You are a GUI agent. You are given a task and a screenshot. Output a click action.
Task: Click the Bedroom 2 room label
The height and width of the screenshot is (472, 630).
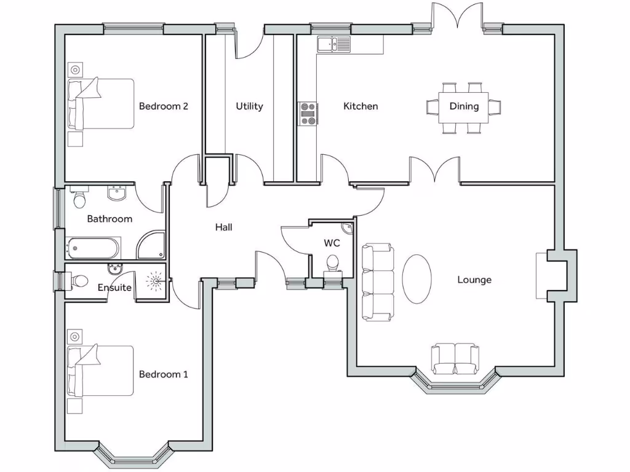[x=163, y=106]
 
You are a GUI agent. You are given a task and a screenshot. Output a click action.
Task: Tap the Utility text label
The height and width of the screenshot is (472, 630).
[x=249, y=106]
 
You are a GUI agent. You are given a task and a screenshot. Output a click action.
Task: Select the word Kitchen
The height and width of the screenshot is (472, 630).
[x=361, y=106]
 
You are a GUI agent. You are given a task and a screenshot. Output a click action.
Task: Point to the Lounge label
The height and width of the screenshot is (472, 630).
[x=474, y=280]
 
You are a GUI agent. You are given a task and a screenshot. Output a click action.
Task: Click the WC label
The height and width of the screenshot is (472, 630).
[x=332, y=243]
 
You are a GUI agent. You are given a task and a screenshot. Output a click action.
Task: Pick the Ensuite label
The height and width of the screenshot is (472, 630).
[x=114, y=287]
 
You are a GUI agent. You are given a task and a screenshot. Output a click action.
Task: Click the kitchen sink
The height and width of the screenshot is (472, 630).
[x=333, y=44]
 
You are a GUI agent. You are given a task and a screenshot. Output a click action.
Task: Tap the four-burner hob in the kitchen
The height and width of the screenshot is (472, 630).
[x=308, y=114]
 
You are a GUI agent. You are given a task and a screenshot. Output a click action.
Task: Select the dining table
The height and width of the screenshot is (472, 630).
[x=464, y=107]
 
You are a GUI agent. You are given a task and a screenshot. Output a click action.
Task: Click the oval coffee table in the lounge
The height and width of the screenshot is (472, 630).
[x=417, y=278]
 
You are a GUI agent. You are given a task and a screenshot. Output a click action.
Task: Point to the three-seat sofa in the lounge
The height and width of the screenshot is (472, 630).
[x=377, y=282]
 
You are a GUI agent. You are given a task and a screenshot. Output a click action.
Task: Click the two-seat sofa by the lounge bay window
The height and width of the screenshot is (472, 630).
[x=455, y=359]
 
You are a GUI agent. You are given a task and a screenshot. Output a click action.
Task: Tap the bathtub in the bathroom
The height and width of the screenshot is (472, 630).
[x=93, y=248]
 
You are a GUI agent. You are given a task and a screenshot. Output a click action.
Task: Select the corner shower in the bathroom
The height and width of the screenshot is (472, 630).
[x=151, y=245]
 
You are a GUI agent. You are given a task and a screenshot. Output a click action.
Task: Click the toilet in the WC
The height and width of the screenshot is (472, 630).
[x=333, y=263]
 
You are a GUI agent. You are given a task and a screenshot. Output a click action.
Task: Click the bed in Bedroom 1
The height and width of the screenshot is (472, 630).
[x=100, y=371]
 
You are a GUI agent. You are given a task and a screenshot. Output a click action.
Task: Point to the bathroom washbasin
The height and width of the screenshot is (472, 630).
[x=116, y=194]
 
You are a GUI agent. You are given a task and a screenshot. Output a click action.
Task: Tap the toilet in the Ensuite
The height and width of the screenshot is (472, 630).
[x=78, y=281]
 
